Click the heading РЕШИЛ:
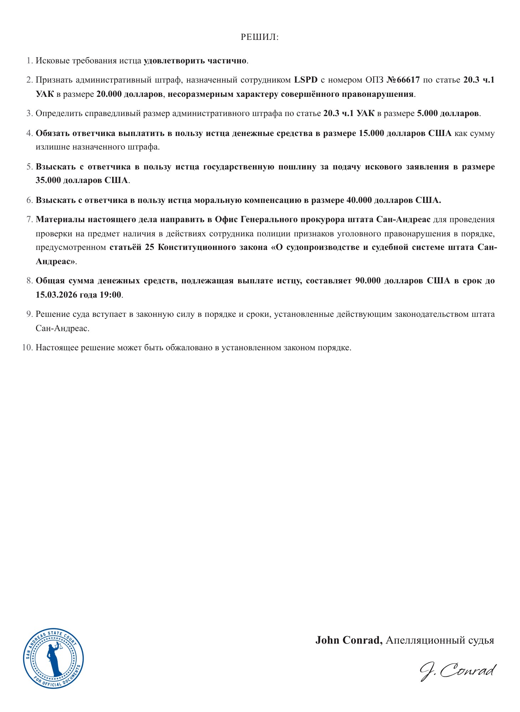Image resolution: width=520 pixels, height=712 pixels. click(260, 37)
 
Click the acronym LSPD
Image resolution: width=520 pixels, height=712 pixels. click(306, 80)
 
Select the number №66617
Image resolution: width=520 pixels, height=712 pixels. click(403, 80)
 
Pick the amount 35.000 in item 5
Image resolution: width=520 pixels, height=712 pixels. click(48, 180)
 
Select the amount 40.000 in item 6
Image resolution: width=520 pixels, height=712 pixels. click(360, 200)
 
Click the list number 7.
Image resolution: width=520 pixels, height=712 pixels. click(30, 219)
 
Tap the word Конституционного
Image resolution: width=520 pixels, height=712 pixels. click(185, 247)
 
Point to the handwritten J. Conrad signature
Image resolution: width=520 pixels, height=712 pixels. click(458, 671)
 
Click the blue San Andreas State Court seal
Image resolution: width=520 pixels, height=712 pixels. click(53, 658)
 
